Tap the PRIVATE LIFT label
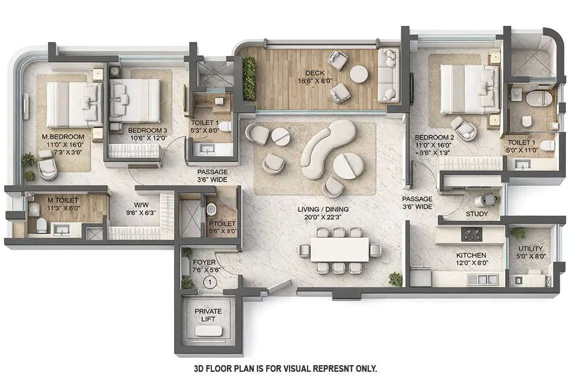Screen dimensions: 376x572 click(208, 315)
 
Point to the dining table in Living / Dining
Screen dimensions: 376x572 click(340, 249)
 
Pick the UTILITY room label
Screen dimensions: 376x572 click(530, 248)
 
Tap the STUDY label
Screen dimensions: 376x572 click(477, 214)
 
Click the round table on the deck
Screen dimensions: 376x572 click(359, 73)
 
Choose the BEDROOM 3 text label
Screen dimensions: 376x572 click(148, 130)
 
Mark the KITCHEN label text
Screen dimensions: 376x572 click(471, 255)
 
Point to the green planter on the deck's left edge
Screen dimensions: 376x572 click(249, 79)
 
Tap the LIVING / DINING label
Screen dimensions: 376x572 click(323, 210)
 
